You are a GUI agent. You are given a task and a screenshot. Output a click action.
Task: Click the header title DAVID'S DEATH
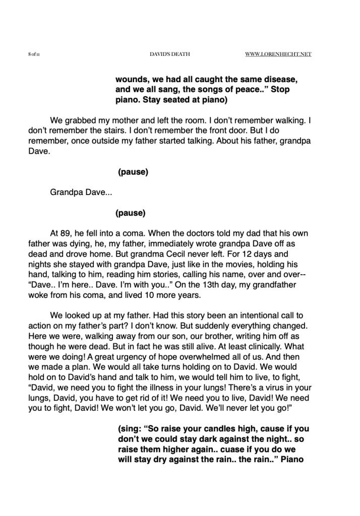pyautogui.click(x=170, y=54)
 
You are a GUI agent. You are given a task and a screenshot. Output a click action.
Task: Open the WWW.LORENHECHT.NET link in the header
pyautogui.click(x=278, y=54)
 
